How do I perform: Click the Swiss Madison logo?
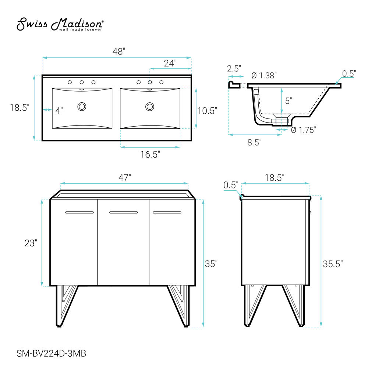pos(60,24)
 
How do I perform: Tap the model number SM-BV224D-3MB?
pos(51,353)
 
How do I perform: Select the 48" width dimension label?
pos(119,52)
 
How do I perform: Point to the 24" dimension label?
pos(170,63)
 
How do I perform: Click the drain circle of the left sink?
pos(82,107)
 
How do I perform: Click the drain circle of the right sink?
pos(150,107)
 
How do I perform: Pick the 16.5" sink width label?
pos(150,155)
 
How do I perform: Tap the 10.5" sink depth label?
pos(207,111)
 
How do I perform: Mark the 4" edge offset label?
pos(59,110)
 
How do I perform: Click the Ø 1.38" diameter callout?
pos(264,75)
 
